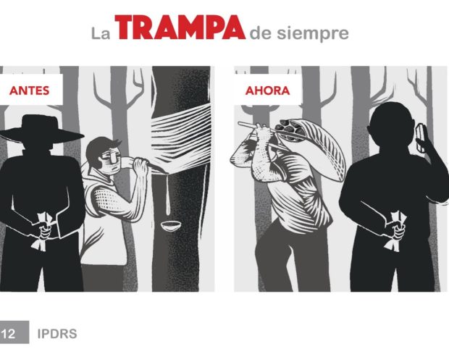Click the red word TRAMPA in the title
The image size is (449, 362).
[x=180, y=28]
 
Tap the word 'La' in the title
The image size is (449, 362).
[x=101, y=33]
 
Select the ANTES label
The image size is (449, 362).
[x=29, y=90]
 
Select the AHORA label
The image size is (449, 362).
[x=267, y=90]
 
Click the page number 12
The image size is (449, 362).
[x=8, y=334]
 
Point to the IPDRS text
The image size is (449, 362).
[x=57, y=334]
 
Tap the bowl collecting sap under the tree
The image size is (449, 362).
[x=170, y=226]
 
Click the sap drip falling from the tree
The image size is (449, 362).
[x=168, y=195]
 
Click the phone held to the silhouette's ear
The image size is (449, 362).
[x=421, y=138]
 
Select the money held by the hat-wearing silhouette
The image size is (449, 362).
[x=43, y=231]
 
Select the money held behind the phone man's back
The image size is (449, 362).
[x=396, y=231]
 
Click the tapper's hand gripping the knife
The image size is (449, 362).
[x=140, y=167]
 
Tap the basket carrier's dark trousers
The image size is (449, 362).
[x=292, y=255]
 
